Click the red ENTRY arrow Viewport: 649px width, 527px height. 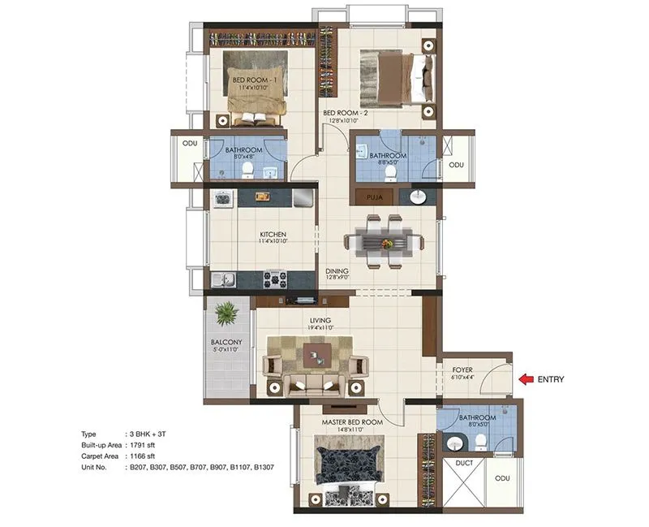point(527,378)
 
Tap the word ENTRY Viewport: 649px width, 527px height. point(550,378)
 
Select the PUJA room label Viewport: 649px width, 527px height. point(374,197)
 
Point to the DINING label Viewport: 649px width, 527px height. point(337,271)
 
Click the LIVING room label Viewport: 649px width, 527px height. point(318,322)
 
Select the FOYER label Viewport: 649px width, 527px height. point(463,370)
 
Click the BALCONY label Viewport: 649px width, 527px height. point(226,343)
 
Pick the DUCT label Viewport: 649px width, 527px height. point(464,462)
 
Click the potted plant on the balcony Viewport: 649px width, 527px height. point(226,311)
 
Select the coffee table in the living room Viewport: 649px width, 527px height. point(315,354)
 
